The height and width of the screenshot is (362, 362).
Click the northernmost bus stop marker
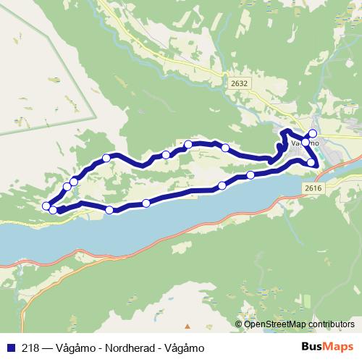[x=313, y=133]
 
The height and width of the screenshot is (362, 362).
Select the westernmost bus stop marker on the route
[x=47, y=206]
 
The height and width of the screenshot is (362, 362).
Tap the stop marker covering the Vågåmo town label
[x=306, y=143]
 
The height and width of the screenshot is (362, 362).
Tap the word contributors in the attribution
[x=329, y=324]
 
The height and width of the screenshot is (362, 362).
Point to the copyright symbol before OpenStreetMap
[x=239, y=324]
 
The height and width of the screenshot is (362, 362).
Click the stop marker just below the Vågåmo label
[x=311, y=163]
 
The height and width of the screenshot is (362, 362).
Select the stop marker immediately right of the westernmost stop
[x=54, y=210]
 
